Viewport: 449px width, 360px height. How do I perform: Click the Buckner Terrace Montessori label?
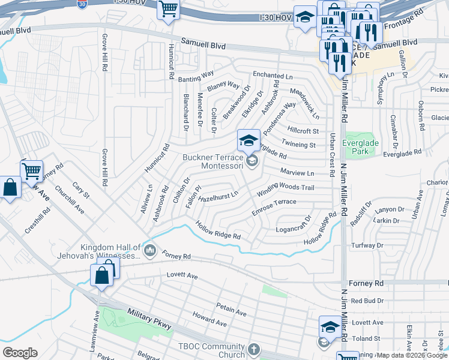point(212,161)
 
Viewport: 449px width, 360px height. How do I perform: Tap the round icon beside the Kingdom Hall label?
point(150,249)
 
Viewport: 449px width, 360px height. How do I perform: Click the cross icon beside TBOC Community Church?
point(254,349)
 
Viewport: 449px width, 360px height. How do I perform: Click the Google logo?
point(20,352)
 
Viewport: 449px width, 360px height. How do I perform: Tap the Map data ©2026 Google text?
point(412,355)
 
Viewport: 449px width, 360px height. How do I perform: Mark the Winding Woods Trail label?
point(286,188)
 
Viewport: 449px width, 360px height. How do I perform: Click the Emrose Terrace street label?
point(274,205)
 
